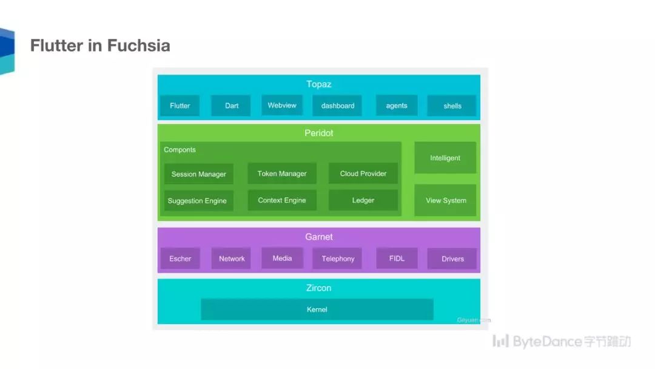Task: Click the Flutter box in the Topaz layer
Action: coord(180,106)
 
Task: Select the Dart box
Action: coord(231,106)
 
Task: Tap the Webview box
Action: coord(282,105)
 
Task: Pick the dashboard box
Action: coord(338,106)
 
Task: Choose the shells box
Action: coord(452,106)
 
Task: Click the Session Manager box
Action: coord(198,174)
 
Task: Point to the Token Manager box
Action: coord(282,174)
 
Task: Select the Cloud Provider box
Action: coord(363,174)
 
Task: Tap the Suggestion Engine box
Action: coord(198,201)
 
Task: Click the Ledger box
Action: coord(363,200)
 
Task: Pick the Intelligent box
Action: coord(445,158)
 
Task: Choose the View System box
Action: coord(446,200)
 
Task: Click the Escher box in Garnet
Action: coord(180,259)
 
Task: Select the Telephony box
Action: coord(338,259)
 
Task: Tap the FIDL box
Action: coord(397,258)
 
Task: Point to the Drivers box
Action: coord(452,259)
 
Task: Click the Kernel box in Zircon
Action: coord(317,310)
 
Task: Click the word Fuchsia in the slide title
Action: coord(138,46)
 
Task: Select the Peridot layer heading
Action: coord(319,133)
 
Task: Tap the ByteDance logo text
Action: coord(546,341)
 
